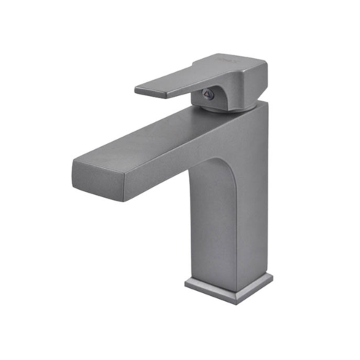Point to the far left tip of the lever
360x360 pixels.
click(136, 90)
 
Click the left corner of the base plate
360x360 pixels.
click(186, 282)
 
